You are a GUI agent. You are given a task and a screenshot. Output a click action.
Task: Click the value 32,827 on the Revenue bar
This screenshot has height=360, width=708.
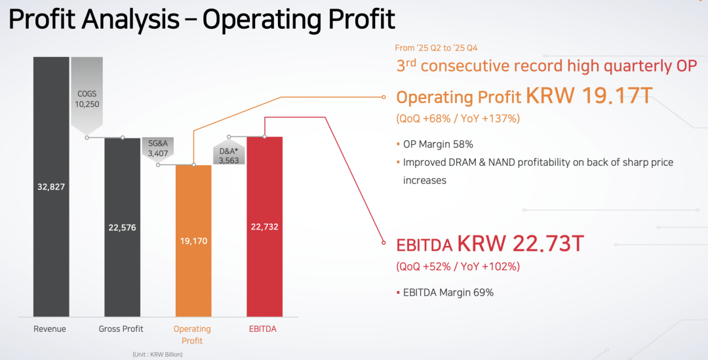51,187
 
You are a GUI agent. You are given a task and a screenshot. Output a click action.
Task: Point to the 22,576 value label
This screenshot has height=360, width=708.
122,228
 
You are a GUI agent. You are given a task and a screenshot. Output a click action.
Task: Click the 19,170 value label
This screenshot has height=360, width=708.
193,241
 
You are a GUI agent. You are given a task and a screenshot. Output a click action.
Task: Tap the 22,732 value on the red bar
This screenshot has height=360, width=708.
264,227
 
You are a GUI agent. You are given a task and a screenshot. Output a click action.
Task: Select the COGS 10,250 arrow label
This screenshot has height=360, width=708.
87,99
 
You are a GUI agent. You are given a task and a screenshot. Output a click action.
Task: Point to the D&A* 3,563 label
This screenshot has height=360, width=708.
229,155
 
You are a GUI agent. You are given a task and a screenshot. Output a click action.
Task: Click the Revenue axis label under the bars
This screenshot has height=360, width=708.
50,329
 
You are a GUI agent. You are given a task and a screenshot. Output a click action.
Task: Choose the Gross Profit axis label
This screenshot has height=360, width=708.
121,329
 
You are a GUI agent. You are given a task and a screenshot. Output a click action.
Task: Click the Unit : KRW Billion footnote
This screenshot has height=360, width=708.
157,354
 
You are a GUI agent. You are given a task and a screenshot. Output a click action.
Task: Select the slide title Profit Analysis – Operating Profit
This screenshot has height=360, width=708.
201,20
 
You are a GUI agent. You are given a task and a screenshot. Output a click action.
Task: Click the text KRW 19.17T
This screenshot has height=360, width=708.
589,96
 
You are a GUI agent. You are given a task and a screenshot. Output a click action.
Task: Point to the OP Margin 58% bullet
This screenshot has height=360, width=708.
437,144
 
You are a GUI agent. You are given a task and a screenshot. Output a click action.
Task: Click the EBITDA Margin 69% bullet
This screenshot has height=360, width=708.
448,292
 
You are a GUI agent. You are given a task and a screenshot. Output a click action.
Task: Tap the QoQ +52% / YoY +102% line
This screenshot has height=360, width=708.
458,266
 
